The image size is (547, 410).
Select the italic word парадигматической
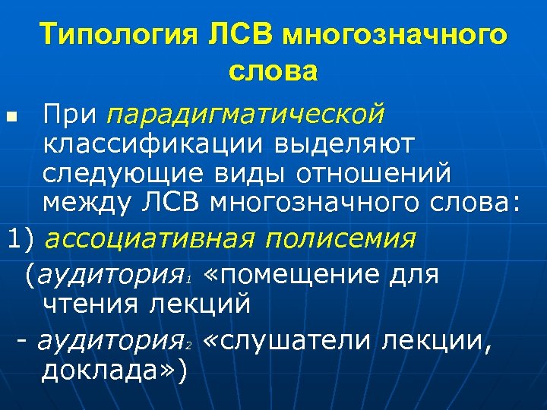coord(245,115)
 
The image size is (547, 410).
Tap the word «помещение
coord(292,275)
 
